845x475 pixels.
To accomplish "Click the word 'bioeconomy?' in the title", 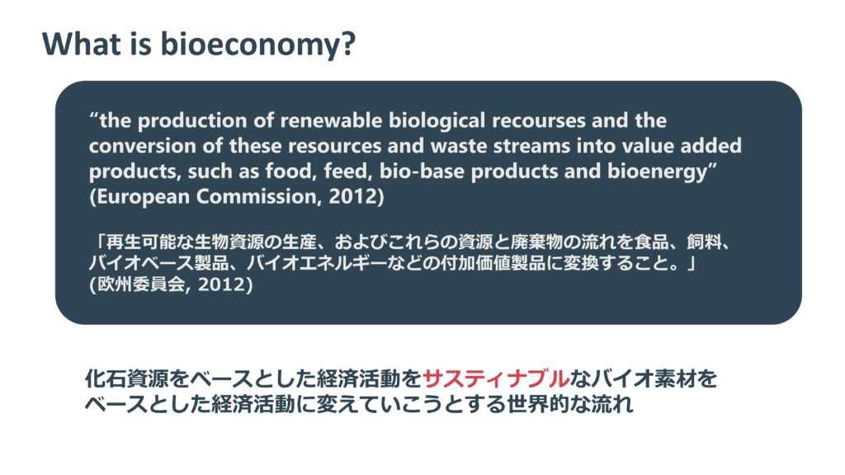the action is tap(258, 45).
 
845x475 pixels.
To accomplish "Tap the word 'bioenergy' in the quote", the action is tap(657, 172).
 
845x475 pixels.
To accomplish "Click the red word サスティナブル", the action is tap(496, 379).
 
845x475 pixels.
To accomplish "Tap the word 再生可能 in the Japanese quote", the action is tap(141, 242).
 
